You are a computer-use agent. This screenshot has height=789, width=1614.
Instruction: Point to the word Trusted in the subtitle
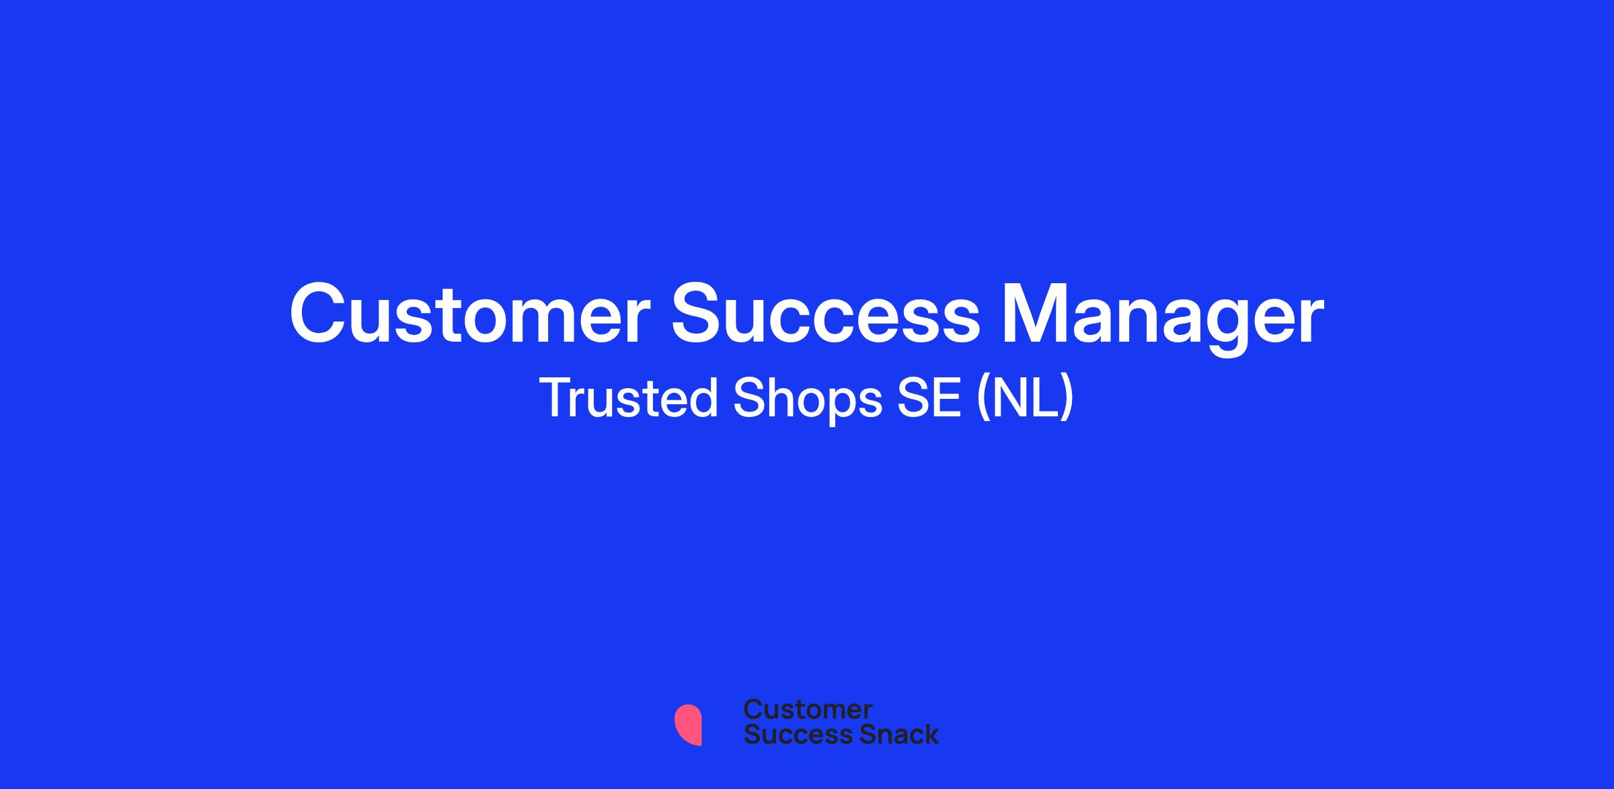[x=629, y=398]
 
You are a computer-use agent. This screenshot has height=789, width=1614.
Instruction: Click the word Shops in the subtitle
[x=807, y=400]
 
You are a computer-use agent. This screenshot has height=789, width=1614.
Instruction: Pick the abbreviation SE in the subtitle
[x=929, y=398]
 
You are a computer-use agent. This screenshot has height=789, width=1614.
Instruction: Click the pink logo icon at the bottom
[x=688, y=724]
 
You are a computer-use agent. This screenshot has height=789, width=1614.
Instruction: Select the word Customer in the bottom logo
[x=808, y=709]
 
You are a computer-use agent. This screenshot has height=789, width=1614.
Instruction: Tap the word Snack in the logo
[x=889, y=734]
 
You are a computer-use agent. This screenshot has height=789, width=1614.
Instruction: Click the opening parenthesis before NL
[x=984, y=400]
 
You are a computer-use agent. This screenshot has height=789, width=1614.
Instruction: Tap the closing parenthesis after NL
[x=1067, y=400]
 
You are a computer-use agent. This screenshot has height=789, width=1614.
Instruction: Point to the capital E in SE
[x=947, y=398]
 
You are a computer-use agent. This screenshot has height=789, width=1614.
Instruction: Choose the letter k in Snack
[x=930, y=734]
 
